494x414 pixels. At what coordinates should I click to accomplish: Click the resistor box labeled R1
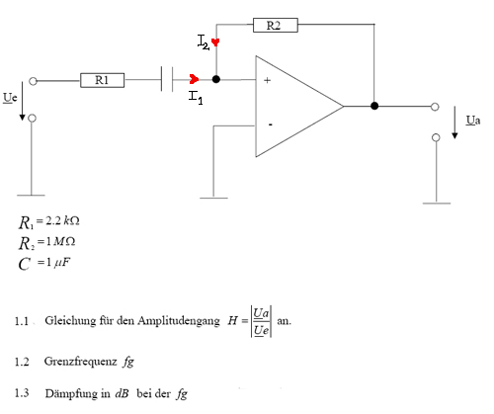point(103,80)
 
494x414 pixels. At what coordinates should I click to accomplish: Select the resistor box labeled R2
point(276,25)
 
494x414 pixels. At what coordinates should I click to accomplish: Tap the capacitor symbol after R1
point(167,79)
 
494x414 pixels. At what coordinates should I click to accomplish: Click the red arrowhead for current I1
point(194,79)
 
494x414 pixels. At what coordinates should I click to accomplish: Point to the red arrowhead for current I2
point(215,42)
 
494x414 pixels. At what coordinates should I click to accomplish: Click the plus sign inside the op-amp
point(267,80)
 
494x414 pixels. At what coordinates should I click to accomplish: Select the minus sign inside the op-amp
point(270,124)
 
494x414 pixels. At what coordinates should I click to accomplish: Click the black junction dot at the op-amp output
point(374,106)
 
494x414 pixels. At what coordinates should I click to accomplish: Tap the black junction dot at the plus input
point(216,79)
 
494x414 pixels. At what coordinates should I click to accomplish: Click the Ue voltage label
point(10,98)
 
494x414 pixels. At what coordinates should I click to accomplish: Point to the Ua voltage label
point(473,121)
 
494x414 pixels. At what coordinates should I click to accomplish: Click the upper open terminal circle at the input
point(33,81)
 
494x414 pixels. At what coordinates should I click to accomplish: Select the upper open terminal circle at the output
point(435,107)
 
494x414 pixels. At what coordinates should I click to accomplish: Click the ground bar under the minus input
point(213,198)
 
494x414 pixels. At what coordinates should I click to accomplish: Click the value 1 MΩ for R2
point(60,242)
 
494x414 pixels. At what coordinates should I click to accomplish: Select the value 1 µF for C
point(58,263)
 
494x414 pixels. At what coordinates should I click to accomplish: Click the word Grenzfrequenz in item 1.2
point(81,362)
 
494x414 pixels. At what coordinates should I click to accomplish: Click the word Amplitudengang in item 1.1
point(179,321)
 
